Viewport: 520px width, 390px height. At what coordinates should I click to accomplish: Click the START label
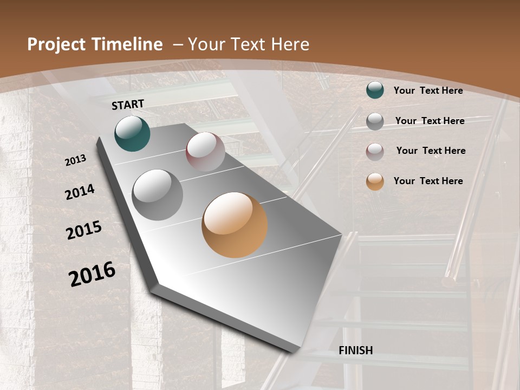tap(128, 105)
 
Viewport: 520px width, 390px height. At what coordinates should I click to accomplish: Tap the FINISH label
tap(355, 350)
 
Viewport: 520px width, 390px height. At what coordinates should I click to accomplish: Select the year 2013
tap(75, 160)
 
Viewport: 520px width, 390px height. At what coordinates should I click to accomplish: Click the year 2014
tap(80, 192)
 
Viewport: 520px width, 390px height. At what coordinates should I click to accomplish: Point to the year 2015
tap(84, 230)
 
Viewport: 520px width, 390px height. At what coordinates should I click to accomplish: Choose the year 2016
tap(92, 274)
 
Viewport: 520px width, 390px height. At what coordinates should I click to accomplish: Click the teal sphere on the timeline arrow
tap(132, 133)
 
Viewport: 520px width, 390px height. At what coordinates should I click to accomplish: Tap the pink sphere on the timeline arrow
tap(205, 152)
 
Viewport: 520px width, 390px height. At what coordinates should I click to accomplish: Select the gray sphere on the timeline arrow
tap(158, 194)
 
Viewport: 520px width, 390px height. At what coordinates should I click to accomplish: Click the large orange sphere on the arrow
tap(235, 225)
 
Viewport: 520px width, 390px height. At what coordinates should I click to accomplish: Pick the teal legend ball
tap(375, 90)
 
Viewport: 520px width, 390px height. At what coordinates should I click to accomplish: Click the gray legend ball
tap(375, 121)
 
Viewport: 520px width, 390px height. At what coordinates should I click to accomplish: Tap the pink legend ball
tap(375, 151)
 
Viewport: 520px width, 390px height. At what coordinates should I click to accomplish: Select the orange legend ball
tap(375, 181)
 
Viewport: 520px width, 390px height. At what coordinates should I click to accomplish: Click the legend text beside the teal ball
tap(428, 90)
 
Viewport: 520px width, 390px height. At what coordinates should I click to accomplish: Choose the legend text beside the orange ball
tap(428, 181)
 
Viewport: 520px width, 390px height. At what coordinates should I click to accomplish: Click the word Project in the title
tap(56, 44)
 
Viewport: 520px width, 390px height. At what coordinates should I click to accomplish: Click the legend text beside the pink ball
tap(431, 151)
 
